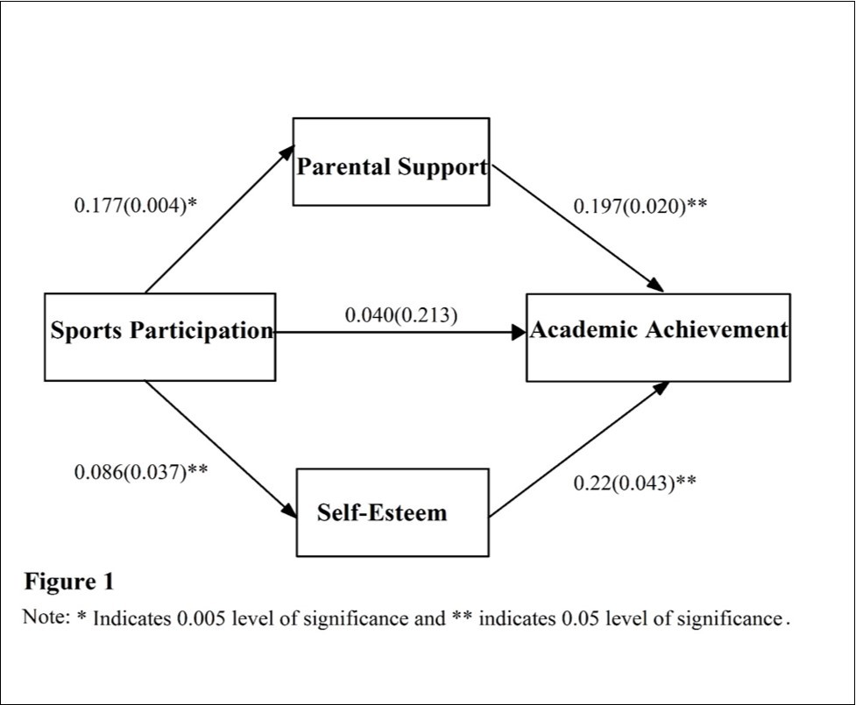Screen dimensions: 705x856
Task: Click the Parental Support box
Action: pyautogui.click(x=391, y=162)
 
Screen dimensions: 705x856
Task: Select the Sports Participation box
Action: pyautogui.click(x=160, y=336)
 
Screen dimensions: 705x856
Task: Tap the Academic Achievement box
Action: pyautogui.click(x=658, y=336)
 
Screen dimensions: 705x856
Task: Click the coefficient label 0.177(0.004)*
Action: pyautogui.click(x=136, y=206)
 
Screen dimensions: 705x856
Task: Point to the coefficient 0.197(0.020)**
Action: pyautogui.click(x=640, y=207)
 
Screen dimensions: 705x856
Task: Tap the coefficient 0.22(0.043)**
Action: pyautogui.click(x=634, y=483)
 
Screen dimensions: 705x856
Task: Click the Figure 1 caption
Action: pyautogui.click(x=68, y=582)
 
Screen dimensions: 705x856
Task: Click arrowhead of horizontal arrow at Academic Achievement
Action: pyautogui.click(x=519, y=332)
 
